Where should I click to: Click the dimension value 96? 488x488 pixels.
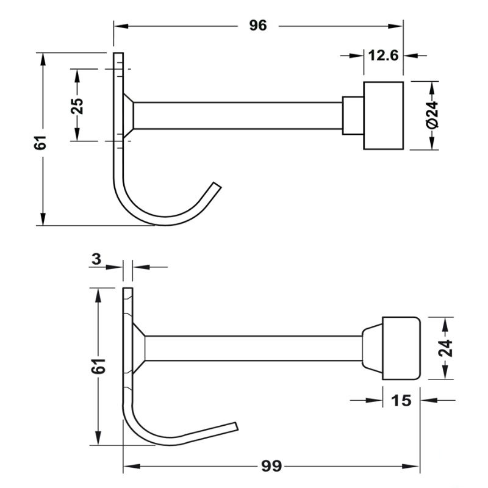click(x=258, y=26)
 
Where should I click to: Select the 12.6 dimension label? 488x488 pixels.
click(x=383, y=56)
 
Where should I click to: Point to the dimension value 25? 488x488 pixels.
click(x=77, y=105)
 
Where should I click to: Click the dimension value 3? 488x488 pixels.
click(x=96, y=259)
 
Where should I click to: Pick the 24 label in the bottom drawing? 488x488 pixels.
click(x=446, y=348)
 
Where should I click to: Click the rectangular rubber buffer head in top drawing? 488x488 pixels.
click(x=384, y=115)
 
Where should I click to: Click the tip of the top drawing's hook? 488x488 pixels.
click(x=215, y=185)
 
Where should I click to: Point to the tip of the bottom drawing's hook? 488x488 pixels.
click(x=236, y=425)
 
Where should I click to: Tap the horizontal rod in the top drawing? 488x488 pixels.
click(x=238, y=115)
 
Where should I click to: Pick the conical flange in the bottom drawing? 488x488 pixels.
click(x=138, y=348)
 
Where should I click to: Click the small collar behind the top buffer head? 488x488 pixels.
click(x=353, y=115)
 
